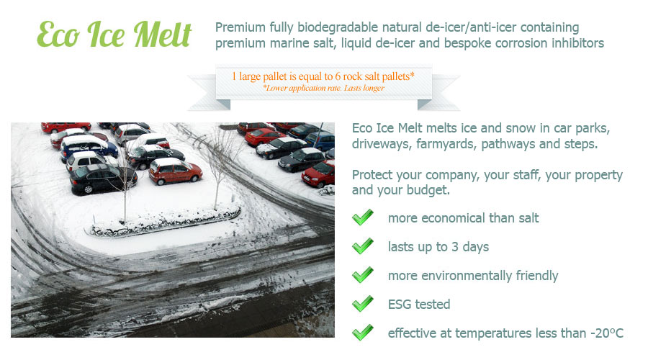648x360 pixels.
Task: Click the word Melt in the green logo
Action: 163,35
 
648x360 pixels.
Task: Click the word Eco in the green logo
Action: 58,35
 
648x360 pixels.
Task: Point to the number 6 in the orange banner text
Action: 338,76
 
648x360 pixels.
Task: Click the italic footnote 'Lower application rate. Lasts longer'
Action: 324,88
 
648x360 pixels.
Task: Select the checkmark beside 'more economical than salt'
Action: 363,217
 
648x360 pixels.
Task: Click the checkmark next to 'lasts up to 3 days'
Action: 363,246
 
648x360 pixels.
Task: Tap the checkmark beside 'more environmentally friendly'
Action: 363,275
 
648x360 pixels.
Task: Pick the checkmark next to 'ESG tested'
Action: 363,304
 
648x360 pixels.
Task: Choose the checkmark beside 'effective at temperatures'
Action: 363,333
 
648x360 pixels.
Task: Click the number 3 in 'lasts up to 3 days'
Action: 454,247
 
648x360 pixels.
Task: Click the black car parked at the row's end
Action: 103,179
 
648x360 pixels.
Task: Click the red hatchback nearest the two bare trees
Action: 175,171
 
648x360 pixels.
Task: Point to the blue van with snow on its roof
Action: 89,147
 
